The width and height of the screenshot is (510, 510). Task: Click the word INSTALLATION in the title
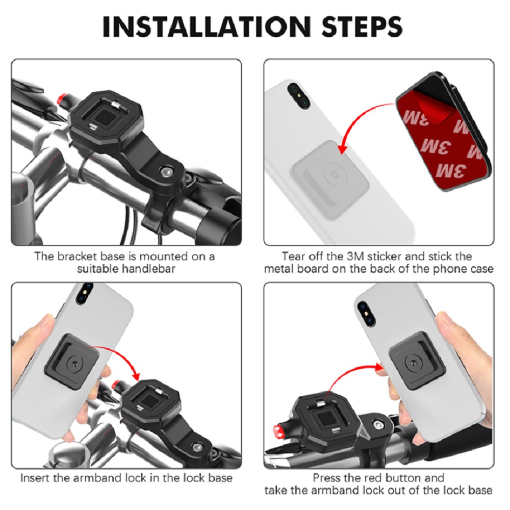pyautogui.click(x=207, y=27)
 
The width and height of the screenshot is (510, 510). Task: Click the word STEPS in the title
pyautogui.click(x=362, y=27)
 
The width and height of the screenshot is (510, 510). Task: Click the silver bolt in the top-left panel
pyautogui.click(x=167, y=170)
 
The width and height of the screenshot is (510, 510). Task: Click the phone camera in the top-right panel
pyautogui.click(x=298, y=96)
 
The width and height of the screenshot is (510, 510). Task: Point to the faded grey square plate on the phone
pyautogui.click(x=330, y=180)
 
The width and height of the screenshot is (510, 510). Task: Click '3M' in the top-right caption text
pyautogui.click(x=354, y=257)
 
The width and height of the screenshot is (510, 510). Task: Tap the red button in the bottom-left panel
pyautogui.click(x=116, y=385)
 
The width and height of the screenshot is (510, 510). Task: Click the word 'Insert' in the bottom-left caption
pyautogui.click(x=34, y=478)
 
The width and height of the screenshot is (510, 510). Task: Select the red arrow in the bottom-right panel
pyautogui.click(x=351, y=374)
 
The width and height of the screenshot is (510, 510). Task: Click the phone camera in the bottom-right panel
pyautogui.click(x=366, y=314)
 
